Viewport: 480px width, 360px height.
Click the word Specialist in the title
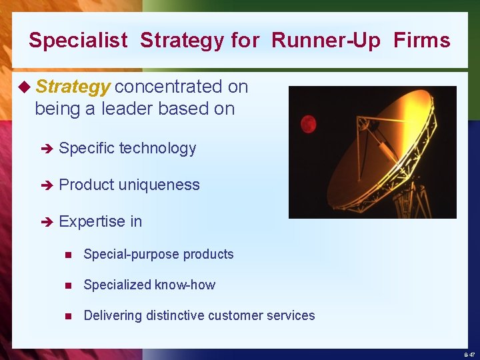coord(78,41)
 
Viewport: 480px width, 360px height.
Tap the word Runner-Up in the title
coord(326,41)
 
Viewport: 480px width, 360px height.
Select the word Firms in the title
coord(421,41)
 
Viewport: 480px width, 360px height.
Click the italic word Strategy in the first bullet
coord(73,87)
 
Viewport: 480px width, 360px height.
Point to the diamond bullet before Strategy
coord(25,87)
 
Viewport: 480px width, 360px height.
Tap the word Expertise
coord(87,221)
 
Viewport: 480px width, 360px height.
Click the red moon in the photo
coord(308,123)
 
